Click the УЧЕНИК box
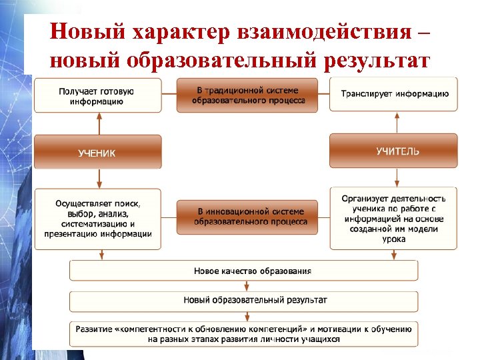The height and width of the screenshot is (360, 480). [x=97, y=152]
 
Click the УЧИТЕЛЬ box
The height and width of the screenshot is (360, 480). [x=394, y=151]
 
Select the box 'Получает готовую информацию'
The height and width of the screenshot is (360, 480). [x=97, y=95]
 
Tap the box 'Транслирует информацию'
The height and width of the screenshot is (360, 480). [x=394, y=94]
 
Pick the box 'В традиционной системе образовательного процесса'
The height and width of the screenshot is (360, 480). [x=247, y=95]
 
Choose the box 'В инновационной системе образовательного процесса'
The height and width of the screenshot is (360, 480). [x=247, y=217]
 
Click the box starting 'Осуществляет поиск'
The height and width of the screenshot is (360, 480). [x=97, y=219]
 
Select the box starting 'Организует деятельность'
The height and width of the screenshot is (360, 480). [x=394, y=218]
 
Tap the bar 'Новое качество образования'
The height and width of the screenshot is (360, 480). [x=244, y=271]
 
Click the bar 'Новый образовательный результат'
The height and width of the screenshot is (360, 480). [x=244, y=301]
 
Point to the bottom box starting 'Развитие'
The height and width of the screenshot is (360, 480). [x=244, y=333]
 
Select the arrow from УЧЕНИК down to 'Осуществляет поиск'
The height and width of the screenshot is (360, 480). [x=99, y=178]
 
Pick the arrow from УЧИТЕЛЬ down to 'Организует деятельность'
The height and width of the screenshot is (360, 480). [x=397, y=177]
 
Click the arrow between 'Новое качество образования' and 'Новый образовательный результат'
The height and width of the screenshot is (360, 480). [x=247, y=286]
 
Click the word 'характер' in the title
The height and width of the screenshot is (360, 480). [x=177, y=31]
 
